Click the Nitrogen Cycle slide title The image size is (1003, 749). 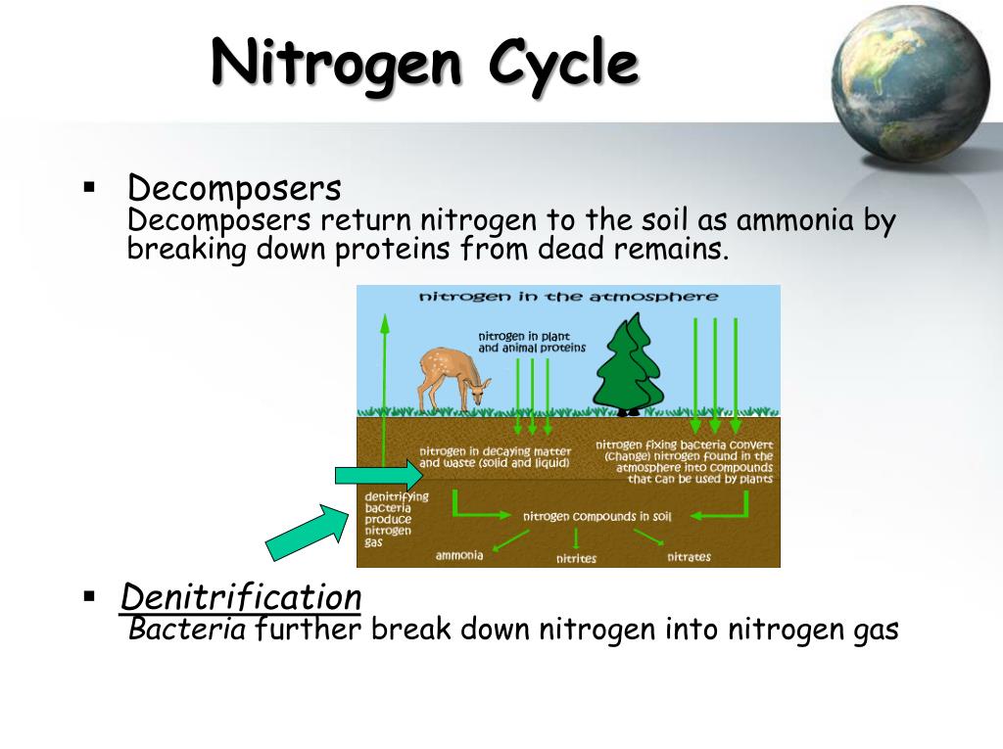click(425, 66)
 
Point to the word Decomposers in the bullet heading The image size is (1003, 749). click(234, 187)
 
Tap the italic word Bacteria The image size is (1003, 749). click(187, 629)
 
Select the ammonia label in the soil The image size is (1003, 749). click(459, 556)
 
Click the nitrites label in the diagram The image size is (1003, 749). click(576, 559)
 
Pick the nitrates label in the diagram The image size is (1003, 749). click(689, 557)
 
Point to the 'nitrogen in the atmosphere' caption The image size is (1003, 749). click(568, 296)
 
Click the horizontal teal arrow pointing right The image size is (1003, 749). click(377, 476)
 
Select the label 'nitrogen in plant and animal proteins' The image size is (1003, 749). click(532, 342)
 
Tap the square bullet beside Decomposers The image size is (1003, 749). click(89, 185)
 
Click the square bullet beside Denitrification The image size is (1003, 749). click(89, 594)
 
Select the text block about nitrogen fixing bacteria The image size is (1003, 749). click(685, 461)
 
